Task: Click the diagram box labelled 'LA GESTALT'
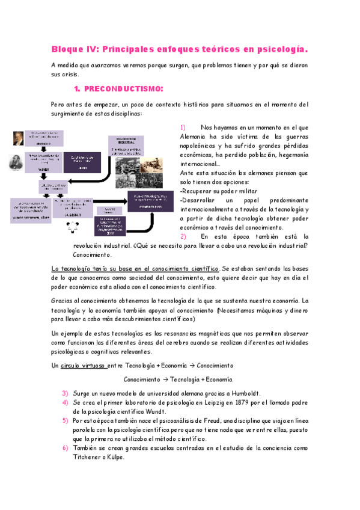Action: [73, 207]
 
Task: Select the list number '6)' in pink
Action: [66, 448]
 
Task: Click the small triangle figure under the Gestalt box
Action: [73, 226]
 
